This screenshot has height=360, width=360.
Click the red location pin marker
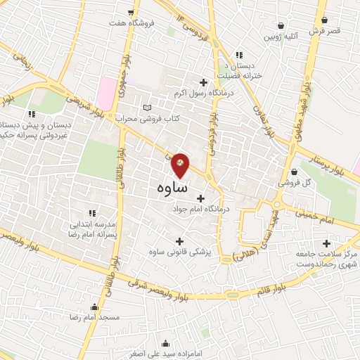pos(181,165)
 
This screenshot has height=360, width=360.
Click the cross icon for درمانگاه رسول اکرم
pos(204,82)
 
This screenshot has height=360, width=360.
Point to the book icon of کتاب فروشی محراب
pos(146,108)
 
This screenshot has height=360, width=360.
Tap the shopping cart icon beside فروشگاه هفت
pos(130,13)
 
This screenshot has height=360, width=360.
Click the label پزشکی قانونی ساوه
pos(177,251)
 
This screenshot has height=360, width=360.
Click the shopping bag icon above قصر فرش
pos(324,20)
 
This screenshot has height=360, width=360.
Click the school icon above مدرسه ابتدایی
pos(91,212)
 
